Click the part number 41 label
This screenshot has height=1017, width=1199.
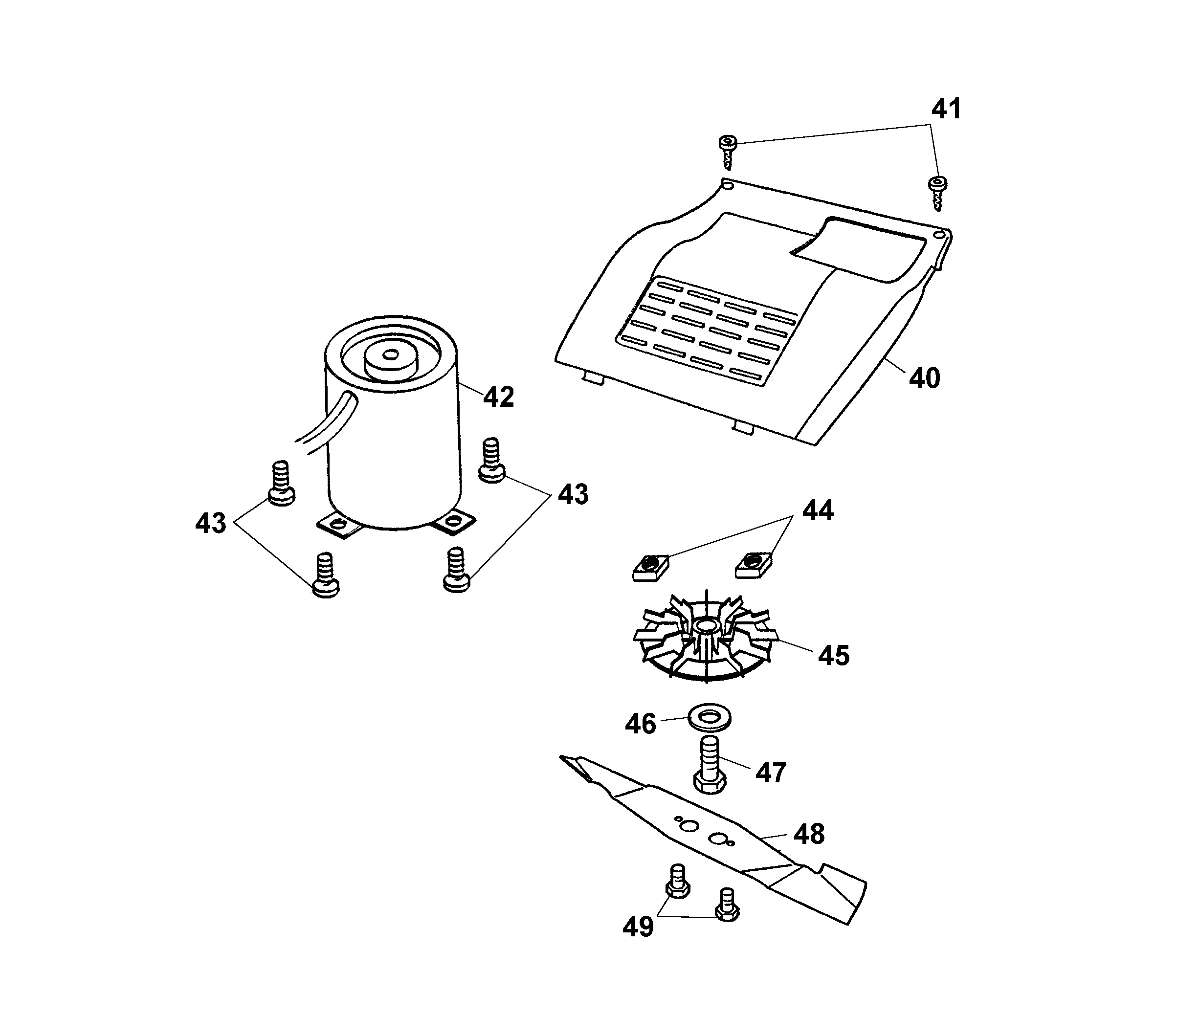pyautogui.click(x=947, y=109)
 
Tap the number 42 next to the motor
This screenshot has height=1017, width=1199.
pyautogui.click(x=499, y=397)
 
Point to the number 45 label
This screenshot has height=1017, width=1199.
pyautogui.click(x=834, y=656)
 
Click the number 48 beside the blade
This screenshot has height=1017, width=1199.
pyautogui.click(x=809, y=834)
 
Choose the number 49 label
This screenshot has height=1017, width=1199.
pyautogui.click(x=638, y=927)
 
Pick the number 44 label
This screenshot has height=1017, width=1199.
pyautogui.click(x=818, y=510)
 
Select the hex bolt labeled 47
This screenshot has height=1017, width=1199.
pyautogui.click(x=710, y=765)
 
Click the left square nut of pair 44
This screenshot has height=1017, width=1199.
pyautogui.click(x=651, y=566)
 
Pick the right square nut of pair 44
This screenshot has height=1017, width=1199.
pyautogui.click(x=753, y=565)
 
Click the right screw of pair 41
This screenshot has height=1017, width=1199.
pyautogui.click(x=938, y=193)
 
